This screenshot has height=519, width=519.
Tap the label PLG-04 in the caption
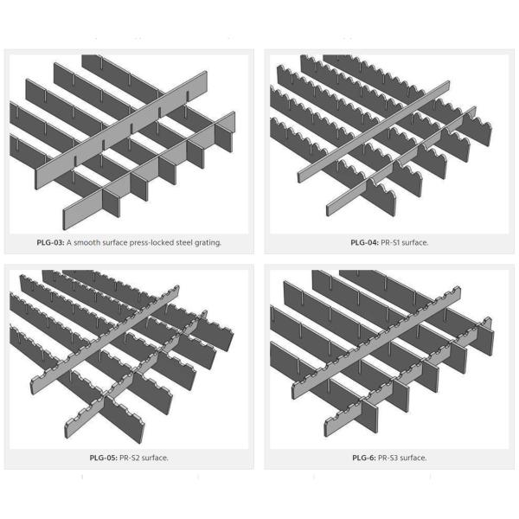[x=364, y=242]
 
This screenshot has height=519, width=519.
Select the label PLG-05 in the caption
[x=104, y=458]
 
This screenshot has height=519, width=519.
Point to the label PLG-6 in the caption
[x=364, y=458]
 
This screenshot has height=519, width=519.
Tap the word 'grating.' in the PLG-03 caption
[x=208, y=243]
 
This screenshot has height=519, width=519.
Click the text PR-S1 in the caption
[x=390, y=242]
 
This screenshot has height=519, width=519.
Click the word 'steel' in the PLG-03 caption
[x=183, y=242]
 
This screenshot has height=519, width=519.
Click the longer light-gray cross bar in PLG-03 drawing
[x=121, y=131]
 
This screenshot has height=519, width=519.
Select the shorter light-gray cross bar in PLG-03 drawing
[x=149, y=170]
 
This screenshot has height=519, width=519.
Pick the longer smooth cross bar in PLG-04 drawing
[x=374, y=131]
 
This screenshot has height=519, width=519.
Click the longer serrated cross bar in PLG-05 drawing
[x=105, y=340]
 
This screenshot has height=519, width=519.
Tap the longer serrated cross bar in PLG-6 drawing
[x=376, y=343]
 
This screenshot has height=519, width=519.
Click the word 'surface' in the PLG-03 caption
[x=114, y=242]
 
